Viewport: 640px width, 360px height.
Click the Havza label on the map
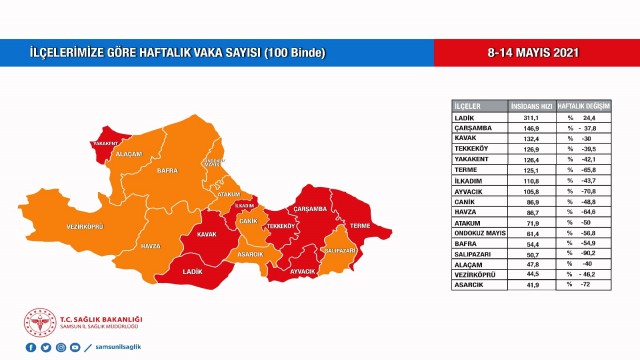click(150, 245)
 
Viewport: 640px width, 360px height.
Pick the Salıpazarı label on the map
click(340, 252)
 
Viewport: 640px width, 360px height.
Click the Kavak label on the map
click(208, 235)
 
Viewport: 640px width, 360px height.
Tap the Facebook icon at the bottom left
click(31, 347)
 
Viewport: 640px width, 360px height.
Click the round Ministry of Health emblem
click(40, 322)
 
